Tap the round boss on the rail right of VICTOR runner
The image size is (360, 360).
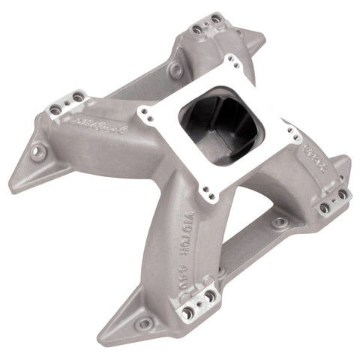coord(278,223)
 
